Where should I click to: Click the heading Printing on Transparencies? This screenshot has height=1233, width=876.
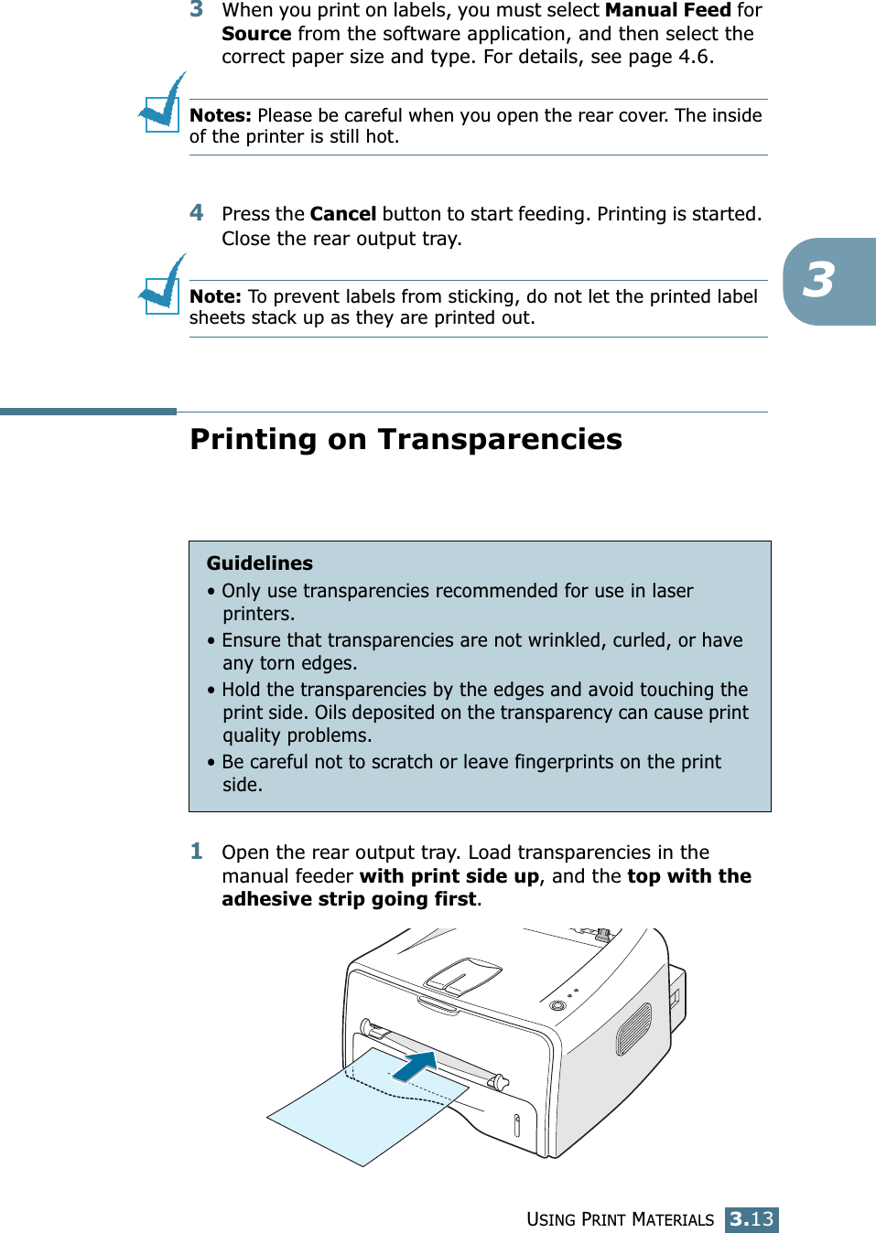(406, 440)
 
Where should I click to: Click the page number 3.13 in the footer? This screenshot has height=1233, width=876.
(752, 1219)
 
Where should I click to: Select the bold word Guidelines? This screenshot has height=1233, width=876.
(259, 563)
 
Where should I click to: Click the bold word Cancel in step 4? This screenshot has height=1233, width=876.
(342, 214)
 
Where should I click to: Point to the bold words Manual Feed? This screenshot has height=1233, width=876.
(667, 11)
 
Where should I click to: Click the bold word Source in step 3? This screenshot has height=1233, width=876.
(256, 34)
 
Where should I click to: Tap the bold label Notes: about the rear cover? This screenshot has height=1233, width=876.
(220, 115)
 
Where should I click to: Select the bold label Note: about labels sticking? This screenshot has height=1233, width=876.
(215, 296)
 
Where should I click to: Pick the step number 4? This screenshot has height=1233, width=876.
(197, 213)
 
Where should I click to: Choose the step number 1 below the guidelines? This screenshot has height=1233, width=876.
(197, 852)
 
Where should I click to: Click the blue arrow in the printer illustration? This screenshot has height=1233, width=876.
(415, 1066)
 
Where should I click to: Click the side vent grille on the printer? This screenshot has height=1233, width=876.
(633, 1029)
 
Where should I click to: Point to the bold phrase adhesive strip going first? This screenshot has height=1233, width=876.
(349, 899)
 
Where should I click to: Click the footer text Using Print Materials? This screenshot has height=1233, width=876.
(620, 1219)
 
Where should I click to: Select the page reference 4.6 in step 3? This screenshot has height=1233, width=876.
(693, 57)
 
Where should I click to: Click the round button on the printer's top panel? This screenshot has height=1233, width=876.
(557, 1005)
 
